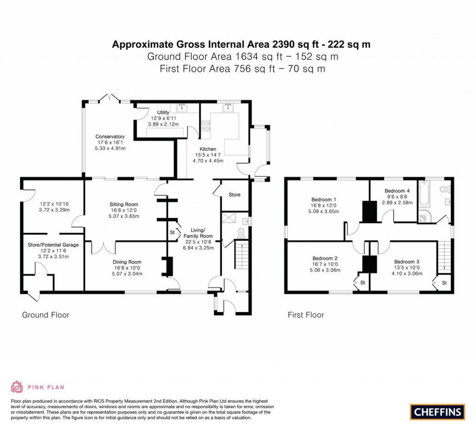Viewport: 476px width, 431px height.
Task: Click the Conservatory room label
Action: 110,137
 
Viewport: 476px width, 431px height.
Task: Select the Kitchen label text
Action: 208,149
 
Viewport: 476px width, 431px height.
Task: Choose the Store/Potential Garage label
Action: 51,244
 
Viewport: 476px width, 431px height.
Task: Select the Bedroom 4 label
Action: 397,191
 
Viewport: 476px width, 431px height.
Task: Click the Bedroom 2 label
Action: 325,259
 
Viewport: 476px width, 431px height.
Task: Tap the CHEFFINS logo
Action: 437,411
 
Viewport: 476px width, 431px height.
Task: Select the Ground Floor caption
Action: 46,315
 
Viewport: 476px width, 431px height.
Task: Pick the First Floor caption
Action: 305,315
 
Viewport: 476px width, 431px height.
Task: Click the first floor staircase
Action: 444,255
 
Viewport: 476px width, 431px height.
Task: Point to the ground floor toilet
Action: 241,232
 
